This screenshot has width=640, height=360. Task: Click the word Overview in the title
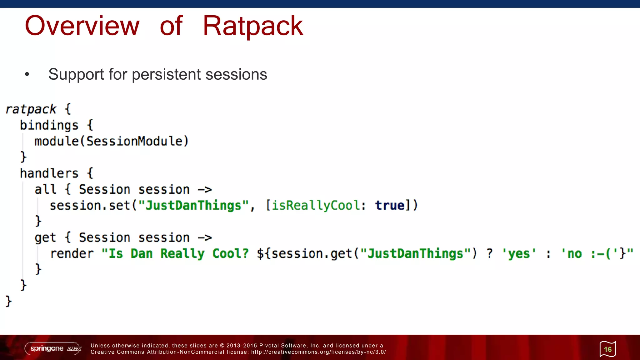(82, 26)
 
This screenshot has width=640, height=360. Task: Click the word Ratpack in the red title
(252, 26)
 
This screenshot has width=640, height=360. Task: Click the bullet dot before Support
(27, 74)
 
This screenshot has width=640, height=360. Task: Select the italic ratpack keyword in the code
(31, 109)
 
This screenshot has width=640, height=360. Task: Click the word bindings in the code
(49, 125)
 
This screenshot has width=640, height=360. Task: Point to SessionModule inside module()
(134, 141)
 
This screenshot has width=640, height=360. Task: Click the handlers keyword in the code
(49, 173)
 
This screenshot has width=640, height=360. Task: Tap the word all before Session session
(45, 189)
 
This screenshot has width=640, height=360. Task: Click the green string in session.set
(193, 206)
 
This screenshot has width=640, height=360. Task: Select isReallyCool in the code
(316, 206)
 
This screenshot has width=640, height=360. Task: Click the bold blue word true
(390, 206)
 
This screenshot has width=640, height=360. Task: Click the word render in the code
(72, 253)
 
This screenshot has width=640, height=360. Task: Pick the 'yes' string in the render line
(519, 253)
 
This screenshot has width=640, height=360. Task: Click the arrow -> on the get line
(205, 238)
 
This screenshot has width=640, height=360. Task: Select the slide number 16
(607, 349)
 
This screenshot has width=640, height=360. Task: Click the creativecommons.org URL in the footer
(318, 352)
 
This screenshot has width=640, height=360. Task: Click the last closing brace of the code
(9, 301)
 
